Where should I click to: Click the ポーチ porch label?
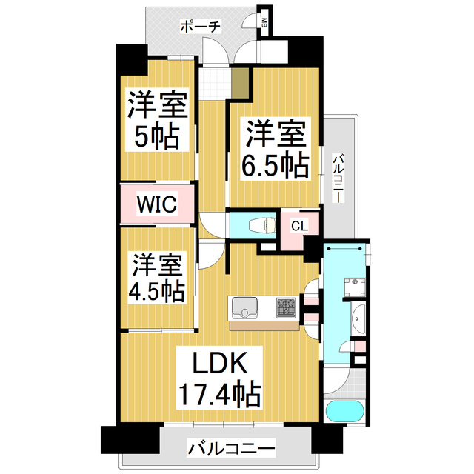coord(200,27)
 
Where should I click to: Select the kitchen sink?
coord(244,306)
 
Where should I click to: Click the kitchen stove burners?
coord(286,306)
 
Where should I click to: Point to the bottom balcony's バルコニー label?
coord(230,448)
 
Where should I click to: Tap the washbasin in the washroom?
coord(358,319)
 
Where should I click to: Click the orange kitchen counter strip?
coord(262,325)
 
